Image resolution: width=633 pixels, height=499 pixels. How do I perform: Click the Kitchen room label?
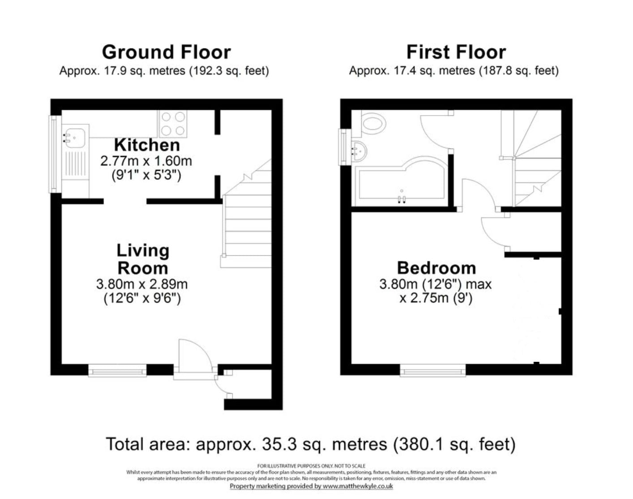[x=147, y=145]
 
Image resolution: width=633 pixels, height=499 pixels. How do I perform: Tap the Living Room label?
[x=143, y=259]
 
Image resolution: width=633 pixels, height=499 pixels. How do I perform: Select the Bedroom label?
[x=436, y=268]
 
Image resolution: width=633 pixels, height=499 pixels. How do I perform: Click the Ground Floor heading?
[x=167, y=52]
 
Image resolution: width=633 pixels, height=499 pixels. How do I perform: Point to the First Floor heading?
[x=456, y=52]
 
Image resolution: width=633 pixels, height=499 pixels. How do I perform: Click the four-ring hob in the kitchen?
[x=173, y=124]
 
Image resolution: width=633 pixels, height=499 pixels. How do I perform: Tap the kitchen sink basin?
[x=75, y=138]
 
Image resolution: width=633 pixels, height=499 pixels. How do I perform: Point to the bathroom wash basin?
[x=359, y=151]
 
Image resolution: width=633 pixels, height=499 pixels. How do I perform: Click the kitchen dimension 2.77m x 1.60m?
[x=146, y=161]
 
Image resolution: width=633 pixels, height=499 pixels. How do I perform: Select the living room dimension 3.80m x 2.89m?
[x=142, y=284]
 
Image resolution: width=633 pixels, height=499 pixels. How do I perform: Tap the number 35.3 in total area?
[x=279, y=444]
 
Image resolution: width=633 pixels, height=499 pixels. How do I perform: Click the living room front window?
[x=117, y=370]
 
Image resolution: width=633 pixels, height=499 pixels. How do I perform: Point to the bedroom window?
[x=433, y=370]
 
